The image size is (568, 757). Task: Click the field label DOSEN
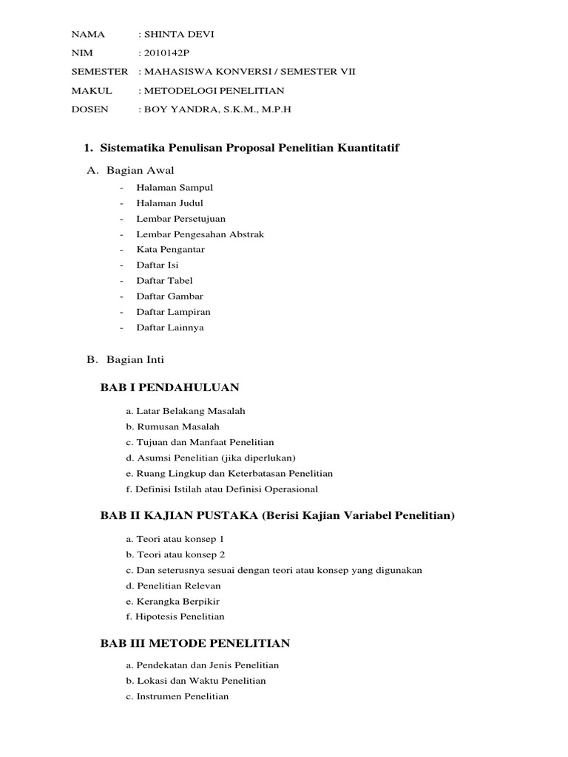click(89, 109)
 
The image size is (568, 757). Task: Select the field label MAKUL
click(92, 91)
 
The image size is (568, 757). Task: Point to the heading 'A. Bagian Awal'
click(130, 170)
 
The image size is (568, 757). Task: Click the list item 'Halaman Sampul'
click(175, 188)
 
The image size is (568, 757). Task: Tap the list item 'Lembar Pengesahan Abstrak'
click(200, 234)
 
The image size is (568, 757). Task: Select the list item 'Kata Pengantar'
click(171, 250)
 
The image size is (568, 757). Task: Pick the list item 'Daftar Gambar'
click(170, 296)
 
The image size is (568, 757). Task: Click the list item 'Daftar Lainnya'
click(170, 327)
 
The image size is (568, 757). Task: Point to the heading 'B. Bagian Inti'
click(125, 360)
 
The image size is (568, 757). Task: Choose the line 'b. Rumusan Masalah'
click(172, 427)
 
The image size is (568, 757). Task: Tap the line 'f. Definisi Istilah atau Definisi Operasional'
click(221, 489)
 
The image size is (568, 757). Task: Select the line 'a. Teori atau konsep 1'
click(175, 539)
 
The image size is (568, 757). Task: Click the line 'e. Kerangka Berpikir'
click(173, 601)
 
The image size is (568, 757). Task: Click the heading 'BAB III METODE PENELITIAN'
click(195, 643)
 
